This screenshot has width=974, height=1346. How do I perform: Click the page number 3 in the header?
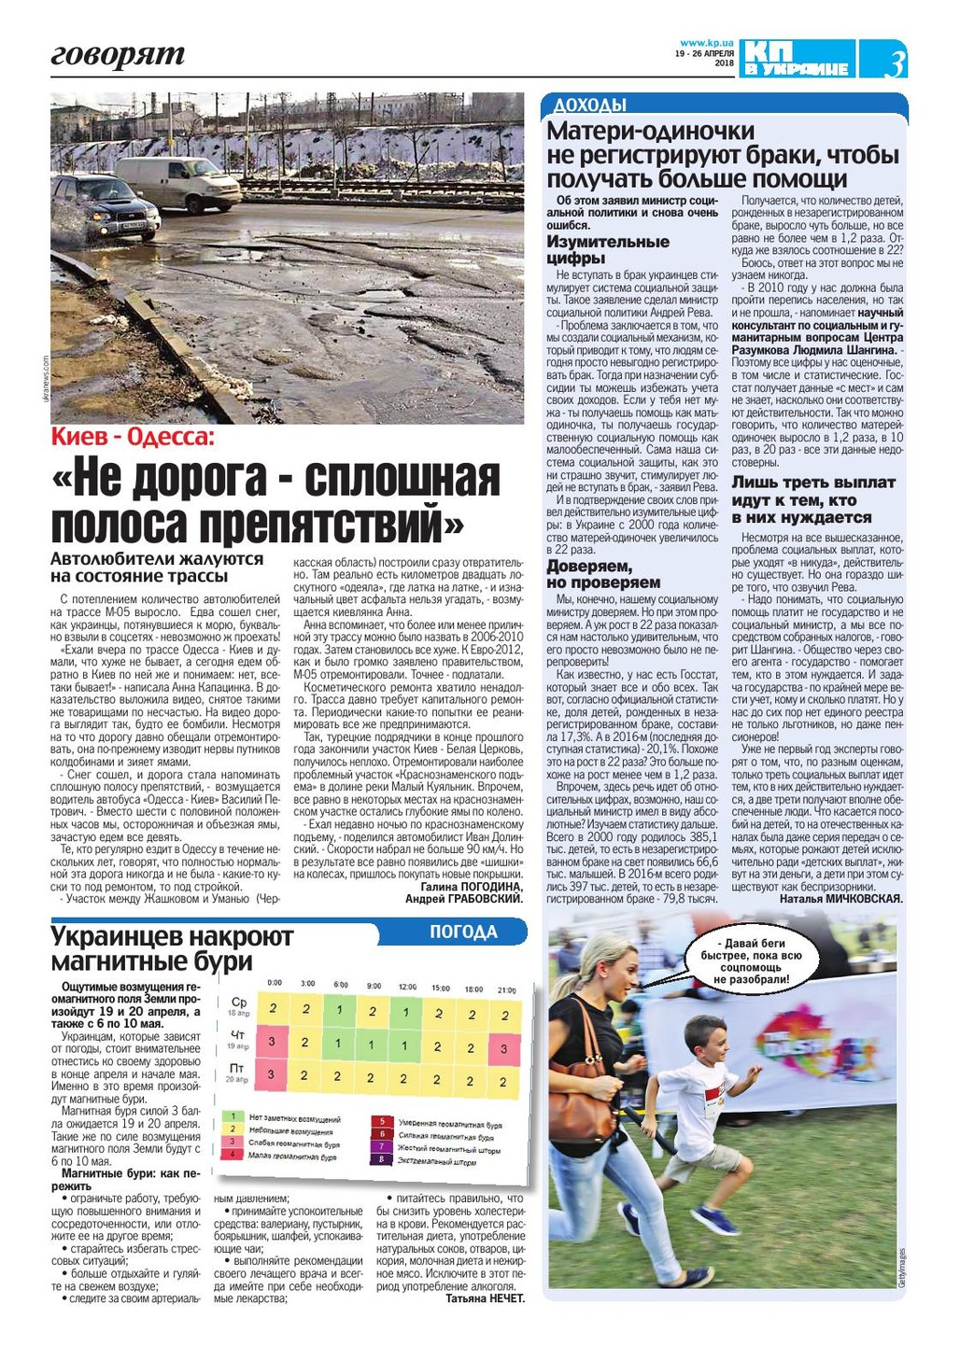coord(895,63)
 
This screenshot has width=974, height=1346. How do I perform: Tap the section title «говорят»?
coord(118,55)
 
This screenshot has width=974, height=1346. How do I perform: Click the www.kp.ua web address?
coord(706,42)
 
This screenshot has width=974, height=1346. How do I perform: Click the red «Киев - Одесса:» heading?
coord(133,438)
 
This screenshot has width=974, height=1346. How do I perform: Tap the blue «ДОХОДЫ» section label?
coord(590,105)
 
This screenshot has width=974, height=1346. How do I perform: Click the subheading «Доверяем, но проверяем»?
coord(603,574)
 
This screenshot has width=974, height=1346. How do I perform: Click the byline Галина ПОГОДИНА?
coord(471,886)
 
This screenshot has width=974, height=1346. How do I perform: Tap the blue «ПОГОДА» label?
coord(463,932)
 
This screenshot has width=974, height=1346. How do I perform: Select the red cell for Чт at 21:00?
coord(503,1048)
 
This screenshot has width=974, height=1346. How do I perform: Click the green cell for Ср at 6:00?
coord(340,1010)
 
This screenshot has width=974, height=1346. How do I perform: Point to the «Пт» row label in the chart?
coord(237,1068)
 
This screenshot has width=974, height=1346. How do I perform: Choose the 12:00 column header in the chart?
coord(407,986)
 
